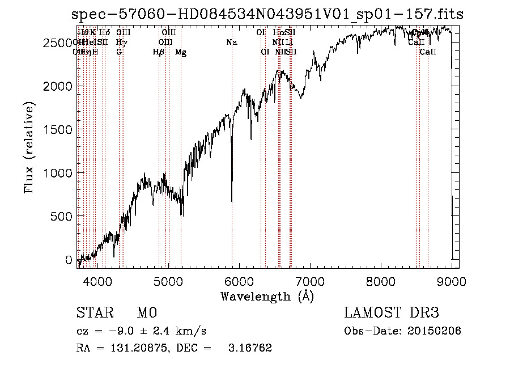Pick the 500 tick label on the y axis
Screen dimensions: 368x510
coord(62,216)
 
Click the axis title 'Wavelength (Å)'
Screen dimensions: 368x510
coord(267,296)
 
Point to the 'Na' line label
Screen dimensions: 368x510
coord(231,43)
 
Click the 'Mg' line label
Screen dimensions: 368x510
coord(181,52)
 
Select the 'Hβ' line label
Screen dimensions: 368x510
coord(159,52)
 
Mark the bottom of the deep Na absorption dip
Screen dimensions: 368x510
coord(232,201)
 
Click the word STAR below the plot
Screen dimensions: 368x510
coord(95,313)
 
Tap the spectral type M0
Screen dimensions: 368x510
coord(146,313)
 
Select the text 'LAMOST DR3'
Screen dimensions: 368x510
coord(392,313)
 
